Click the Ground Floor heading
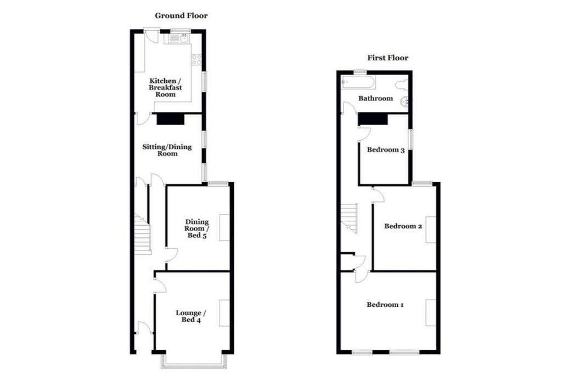pos(181,15)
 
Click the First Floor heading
pos(388,58)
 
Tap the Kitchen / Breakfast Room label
pos(165,87)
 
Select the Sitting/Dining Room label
pos(167,150)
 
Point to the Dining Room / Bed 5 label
pos(197,228)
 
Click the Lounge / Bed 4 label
pos(190,316)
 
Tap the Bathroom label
pos(375,98)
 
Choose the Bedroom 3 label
pos(386,149)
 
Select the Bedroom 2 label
pos(403,226)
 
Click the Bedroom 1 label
pos(385,305)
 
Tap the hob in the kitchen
pos(196,60)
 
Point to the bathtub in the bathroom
pos(358,82)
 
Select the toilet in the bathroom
pos(402,85)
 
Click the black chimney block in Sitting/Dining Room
pos(170,119)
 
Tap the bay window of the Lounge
pos(194,361)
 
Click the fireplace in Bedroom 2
pos(431,230)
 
